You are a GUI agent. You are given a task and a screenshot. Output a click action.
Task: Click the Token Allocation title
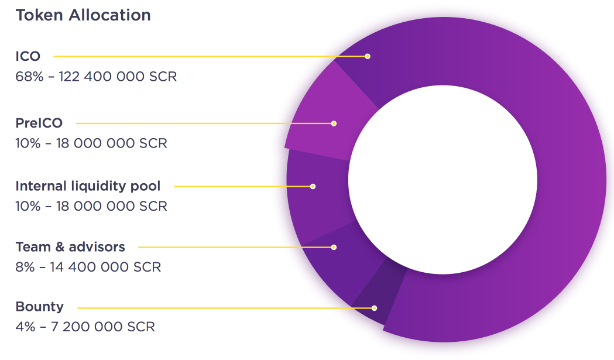(x=83, y=15)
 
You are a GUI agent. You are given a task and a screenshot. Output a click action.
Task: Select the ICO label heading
(x=28, y=56)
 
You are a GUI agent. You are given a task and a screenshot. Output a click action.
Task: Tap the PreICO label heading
(x=39, y=123)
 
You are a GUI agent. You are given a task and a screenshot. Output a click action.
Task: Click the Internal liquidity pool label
(x=88, y=186)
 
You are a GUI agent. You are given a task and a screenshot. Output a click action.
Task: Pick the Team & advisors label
(x=70, y=247)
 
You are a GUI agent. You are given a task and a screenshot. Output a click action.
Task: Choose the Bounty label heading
(x=40, y=307)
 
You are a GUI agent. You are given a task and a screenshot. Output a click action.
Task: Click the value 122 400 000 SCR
(x=118, y=76)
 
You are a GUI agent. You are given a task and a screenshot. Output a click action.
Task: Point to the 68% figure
(x=29, y=76)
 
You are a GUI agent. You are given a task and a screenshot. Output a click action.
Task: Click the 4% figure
(x=25, y=327)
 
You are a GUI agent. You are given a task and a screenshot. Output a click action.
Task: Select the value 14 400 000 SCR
(x=106, y=267)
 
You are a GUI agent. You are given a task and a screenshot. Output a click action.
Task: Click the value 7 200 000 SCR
(x=103, y=327)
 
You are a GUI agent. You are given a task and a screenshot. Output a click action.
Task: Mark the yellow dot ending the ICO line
(x=368, y=56)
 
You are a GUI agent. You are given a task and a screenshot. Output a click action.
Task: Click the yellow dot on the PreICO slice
(x=334, y=124)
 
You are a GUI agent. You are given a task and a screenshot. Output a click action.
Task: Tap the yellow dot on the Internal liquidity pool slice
(x=313, y=187)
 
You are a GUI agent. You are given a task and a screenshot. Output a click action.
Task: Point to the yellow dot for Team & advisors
(x=334, y=247)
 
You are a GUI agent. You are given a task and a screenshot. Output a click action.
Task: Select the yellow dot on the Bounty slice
(x=374, y=308)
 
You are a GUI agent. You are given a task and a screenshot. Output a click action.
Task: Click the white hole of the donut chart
(x=443, y=180)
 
